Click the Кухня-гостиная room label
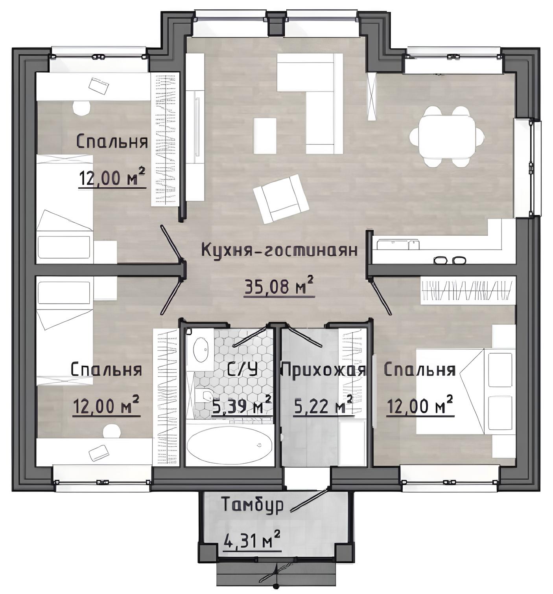280,250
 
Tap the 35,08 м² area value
279,286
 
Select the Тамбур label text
253,504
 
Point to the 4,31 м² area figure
252,542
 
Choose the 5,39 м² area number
241,406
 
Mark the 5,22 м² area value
323,406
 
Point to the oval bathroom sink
200,350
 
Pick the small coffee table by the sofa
265,136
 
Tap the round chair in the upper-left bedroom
81,108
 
